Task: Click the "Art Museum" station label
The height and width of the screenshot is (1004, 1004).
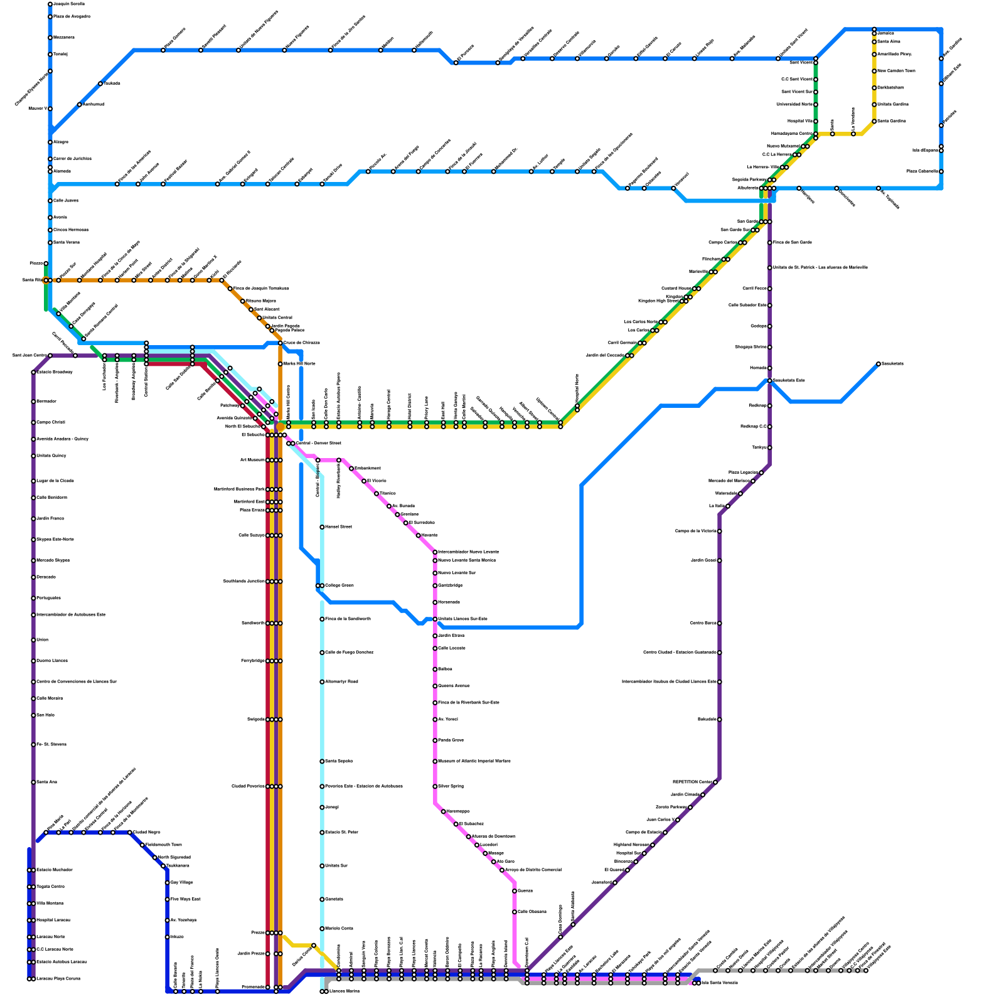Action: tap(253, 460)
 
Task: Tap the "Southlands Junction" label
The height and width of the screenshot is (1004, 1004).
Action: tap(244, 582)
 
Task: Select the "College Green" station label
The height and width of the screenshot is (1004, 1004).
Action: tap(339, 585)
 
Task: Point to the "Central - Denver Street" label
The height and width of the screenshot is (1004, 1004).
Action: tap(319, 444)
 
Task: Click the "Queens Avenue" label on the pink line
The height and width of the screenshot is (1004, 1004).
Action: tap(454, 686)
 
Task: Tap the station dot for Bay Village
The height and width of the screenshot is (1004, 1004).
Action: tap(168, 883)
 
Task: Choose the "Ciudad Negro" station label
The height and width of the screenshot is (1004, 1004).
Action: tap(147, 833)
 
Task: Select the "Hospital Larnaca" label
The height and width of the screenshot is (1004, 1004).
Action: tap(53, 921)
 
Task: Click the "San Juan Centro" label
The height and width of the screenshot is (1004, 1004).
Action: tap(29, 356)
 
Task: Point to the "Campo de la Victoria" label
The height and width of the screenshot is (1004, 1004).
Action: tap(696, 531)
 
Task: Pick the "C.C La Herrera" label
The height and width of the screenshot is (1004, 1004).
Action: tap(777, 154)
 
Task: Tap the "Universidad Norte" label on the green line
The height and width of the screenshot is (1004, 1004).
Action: tap(794, 104)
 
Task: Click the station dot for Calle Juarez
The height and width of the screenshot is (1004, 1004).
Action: tap(50, 201)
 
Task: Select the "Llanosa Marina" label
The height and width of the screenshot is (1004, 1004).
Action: tap(344, 991)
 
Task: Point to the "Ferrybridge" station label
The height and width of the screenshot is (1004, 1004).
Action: tap(254, 661)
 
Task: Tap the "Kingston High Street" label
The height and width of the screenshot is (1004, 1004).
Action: tap(658, 301)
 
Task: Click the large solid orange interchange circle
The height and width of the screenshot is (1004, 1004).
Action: tap(280, 427)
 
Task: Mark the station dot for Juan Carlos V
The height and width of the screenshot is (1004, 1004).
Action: tap(678, 820)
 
